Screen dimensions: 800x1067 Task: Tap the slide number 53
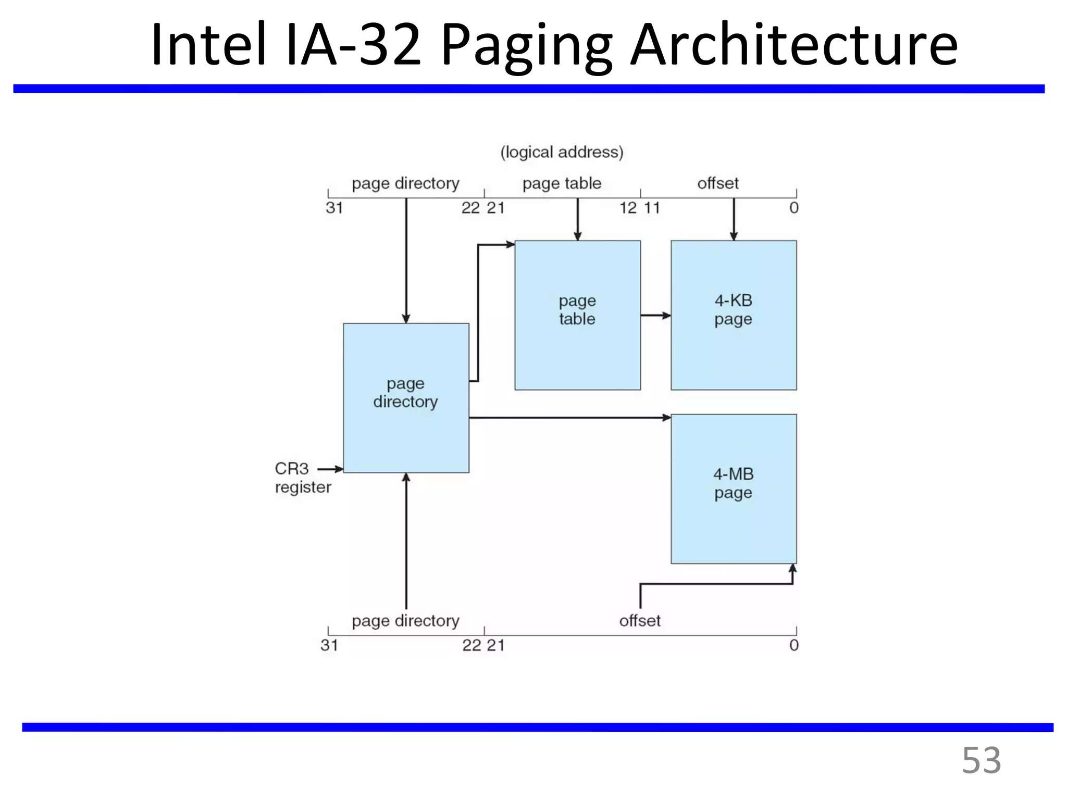click(x=981, y=760)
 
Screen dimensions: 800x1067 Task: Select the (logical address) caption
click(x=562, y=152)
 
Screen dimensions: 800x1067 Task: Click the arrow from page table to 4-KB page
click(x=655, y=315)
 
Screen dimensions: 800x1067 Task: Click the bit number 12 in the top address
click(x=628, y=208)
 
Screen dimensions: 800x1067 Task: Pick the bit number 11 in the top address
click(x=652, y=208)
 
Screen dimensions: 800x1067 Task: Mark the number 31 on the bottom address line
click(x=329, y=645)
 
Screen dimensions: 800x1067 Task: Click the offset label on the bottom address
click(x=639, y=621)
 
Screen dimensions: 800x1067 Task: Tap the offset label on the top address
click(x=717, y=183)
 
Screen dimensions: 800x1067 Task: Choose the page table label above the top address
click(x=562, y=183)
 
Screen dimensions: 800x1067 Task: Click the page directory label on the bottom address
click(x=405, y=621)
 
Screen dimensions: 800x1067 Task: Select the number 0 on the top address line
click(x=793, y=208)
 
